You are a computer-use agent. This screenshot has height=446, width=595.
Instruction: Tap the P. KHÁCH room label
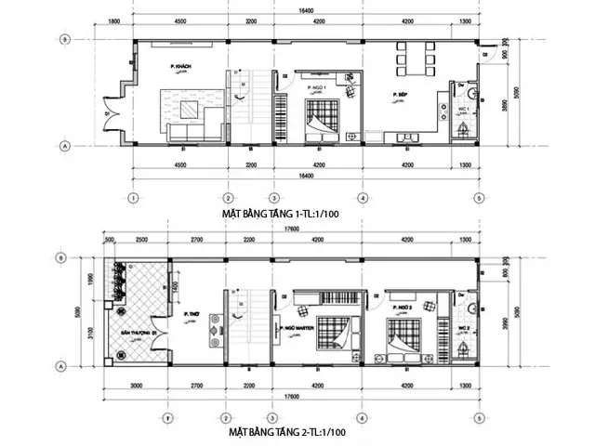coord(180,68)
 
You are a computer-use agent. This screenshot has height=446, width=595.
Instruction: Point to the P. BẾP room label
coord(401,95)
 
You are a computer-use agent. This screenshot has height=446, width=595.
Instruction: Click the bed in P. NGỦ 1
coord(324,118)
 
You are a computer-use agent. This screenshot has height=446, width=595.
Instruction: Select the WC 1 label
coord(462,110)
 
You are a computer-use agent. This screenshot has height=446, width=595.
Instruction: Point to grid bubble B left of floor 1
coord(64,39)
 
